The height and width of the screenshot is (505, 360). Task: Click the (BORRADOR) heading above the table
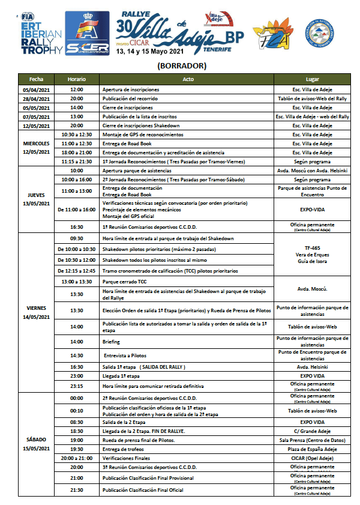pos(181,65)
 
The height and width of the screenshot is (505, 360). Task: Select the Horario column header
pos(76,79)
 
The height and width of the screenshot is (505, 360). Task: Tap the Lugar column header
pos(312,79)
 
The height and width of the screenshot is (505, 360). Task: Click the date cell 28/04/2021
pos(35,98)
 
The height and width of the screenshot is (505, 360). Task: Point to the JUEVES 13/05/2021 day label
pos(35,199)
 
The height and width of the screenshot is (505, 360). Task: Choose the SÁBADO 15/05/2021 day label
pos(35,444)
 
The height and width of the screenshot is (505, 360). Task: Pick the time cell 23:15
pos(76,386)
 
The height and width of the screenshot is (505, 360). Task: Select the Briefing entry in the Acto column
pos(111,341)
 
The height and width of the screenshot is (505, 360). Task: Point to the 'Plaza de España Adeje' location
pos(312,448)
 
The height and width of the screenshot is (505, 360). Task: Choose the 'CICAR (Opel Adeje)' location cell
pos(312,457)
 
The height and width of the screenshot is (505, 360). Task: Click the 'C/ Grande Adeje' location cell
pos(312,431)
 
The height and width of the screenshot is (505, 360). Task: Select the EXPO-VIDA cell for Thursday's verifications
pos(312,211)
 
